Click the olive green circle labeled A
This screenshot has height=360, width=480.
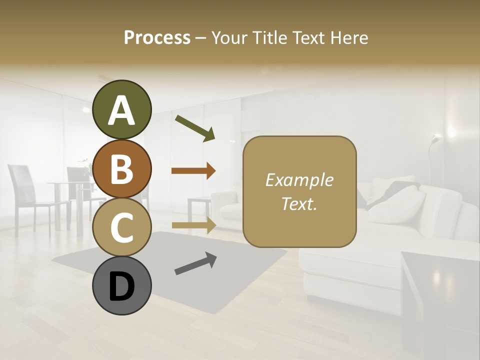122,110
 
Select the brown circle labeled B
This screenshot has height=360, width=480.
122,169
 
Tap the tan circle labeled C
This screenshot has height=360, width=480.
122,227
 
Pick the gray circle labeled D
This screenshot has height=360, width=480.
122,286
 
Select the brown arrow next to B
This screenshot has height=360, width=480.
193,170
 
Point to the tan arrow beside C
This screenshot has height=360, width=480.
193,225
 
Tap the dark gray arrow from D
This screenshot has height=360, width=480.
195,263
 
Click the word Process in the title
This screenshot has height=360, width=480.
157,37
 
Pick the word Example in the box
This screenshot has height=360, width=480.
299,180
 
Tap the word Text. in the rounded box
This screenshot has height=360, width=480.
299,203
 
